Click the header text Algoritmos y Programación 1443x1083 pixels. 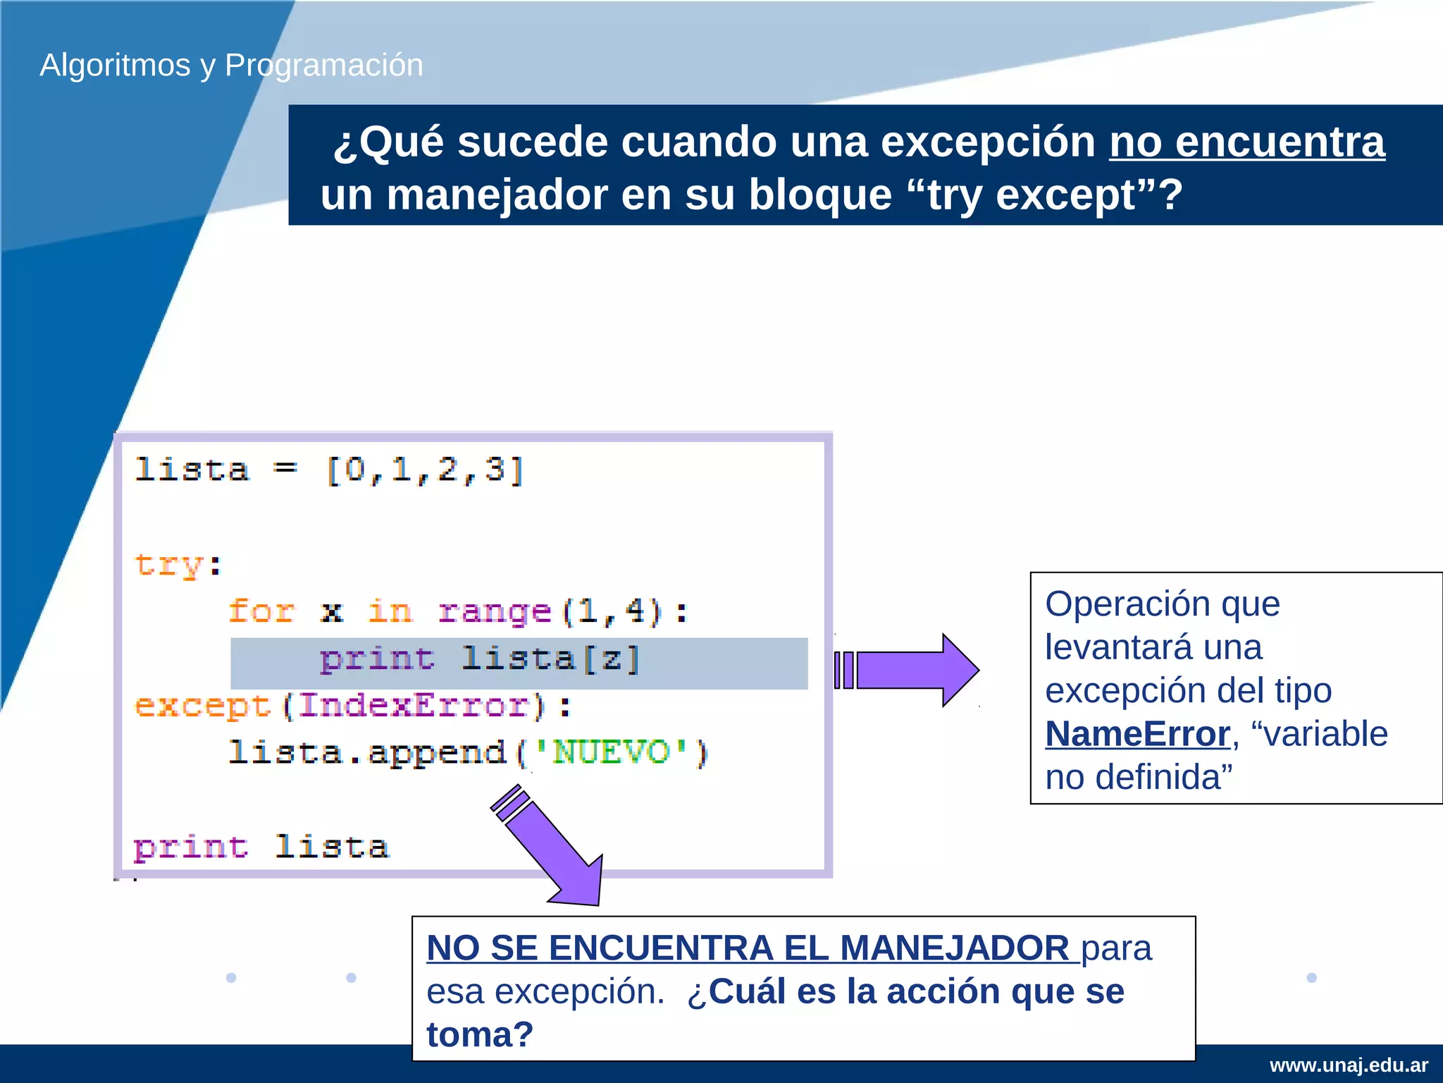tap(231, 65)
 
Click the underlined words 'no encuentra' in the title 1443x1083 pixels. tap(1246, 142)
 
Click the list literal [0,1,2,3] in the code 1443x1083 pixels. tap(425, 470)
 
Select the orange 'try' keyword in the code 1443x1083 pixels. tap(169, 564)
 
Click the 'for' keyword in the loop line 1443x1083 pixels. tap(261, 611)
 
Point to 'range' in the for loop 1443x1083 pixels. tap(494, 611)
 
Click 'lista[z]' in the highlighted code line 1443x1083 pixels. tap(550, 659)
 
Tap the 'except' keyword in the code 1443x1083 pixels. tap(203, 705)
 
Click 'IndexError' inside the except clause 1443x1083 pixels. tap(414, 705)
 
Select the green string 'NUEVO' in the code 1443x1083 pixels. tap(610, 752)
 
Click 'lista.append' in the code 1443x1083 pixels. tap(367, 752)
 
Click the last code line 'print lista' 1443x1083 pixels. tap(261, 846)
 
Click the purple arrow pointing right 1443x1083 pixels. tap(909, 670)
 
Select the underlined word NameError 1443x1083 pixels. tap(1137, 734)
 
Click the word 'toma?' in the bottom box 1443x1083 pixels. tap(480, 1034)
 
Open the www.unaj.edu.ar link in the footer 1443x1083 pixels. tap(1349, 1065)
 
